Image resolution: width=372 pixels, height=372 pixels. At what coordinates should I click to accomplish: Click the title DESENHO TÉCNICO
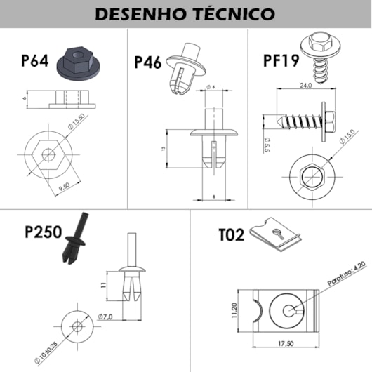[x=185, y=13]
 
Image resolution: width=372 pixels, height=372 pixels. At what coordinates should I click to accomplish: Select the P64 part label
[x=34, y=60]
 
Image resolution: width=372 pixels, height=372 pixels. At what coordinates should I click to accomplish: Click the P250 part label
[x=44, y=231]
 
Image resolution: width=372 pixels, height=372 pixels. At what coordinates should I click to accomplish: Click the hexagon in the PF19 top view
[x=308, y=178]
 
